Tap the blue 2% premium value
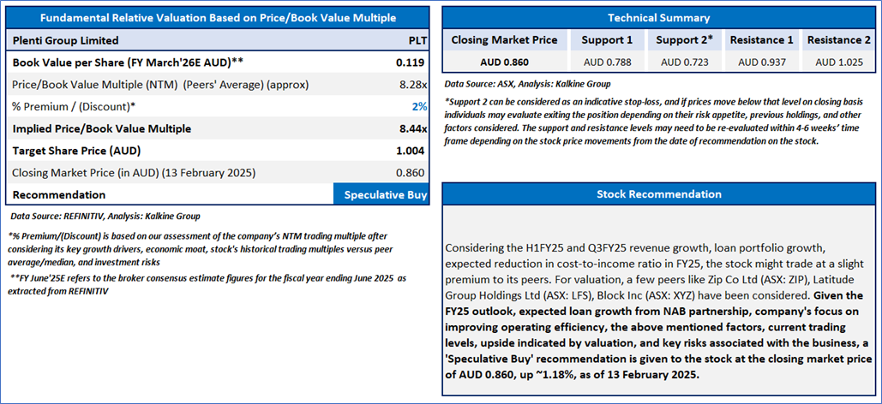click(419, 106)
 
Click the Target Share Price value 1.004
click(411, 150)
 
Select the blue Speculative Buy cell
click(385, 194)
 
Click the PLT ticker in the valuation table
click(417, 40)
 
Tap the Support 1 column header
click(607, 39)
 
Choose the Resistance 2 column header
click(838, 39)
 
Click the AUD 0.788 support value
click(607, 61)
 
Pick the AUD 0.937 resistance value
click(761, 61)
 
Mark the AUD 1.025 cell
click(838, 61)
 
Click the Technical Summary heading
click(658, 17)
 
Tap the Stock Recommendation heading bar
click(658, 194)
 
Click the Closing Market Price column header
click(504, 39)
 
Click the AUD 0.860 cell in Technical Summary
click(504, 61)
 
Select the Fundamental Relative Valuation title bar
click(219, 17)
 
